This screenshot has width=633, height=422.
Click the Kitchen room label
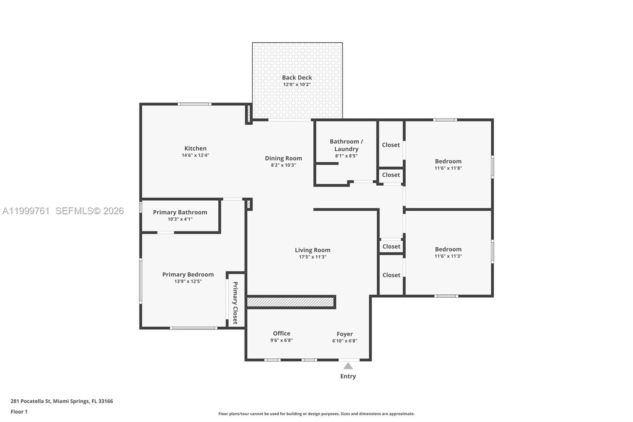(195, 148)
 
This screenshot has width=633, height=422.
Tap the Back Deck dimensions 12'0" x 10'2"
(297, 85)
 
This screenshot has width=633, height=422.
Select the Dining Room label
(283, 158)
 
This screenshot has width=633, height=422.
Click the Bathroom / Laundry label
(346, 145)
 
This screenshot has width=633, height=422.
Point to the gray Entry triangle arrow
(348, 366)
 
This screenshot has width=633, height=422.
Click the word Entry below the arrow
(348, 376)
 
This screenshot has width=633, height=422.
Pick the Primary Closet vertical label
(235, 303)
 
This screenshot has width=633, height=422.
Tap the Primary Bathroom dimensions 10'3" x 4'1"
(180, 219)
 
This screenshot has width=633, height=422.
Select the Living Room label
(312, 250)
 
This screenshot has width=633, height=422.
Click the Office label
(281, 334)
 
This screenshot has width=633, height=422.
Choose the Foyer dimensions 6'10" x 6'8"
(345, 341)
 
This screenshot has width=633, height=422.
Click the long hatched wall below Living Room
(291, 302)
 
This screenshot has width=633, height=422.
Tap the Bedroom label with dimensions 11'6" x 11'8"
(448, 162)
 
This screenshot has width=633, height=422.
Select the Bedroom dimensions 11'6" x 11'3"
(448, 256)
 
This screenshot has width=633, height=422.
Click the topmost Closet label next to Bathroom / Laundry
(391, 145)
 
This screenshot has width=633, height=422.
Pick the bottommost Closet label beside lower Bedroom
(391, 275)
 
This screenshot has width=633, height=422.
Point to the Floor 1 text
(19, 412)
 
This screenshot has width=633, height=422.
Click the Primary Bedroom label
(188, 275)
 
